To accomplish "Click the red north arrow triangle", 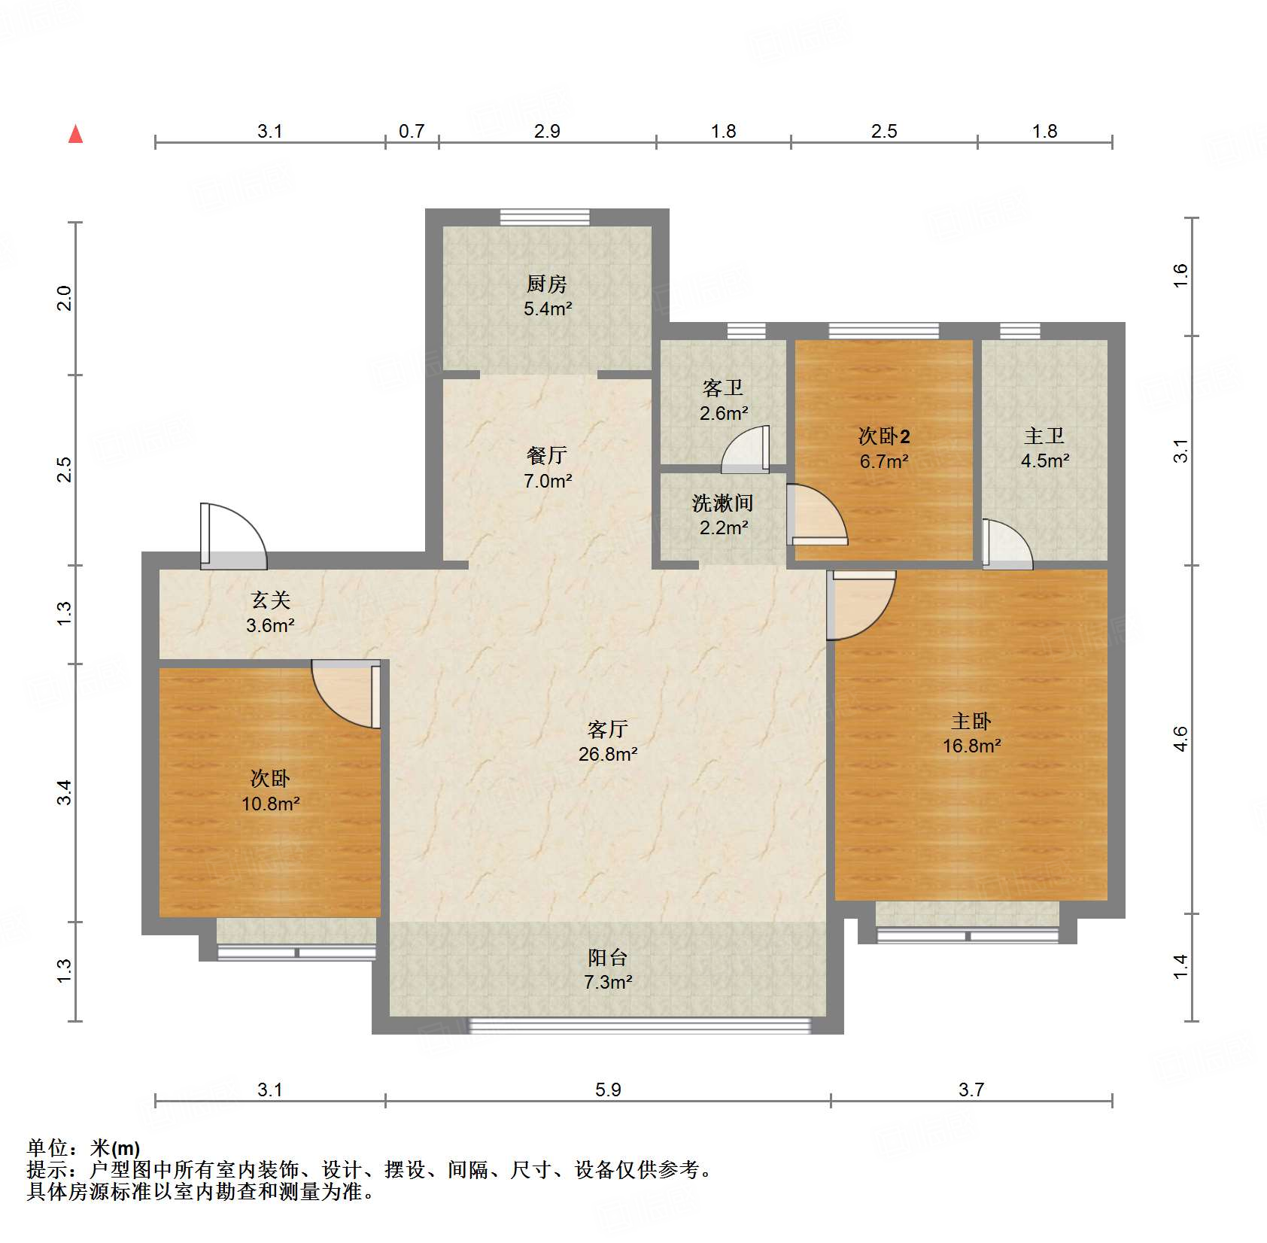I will (75, 135).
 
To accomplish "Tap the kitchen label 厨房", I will (546, 284).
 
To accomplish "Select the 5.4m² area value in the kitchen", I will (548, 308).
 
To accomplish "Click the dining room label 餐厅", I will (546, 455).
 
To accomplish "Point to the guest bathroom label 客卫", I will (722, 388).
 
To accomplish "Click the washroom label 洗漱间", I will (722, 503).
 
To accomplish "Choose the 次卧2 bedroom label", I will (884, 436).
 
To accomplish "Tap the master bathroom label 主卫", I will (1044, 436).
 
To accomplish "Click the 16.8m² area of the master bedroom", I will (971, 746).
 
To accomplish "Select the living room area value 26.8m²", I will (608, 754).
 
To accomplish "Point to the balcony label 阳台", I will (607, 957).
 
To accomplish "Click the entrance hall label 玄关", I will (270, 600).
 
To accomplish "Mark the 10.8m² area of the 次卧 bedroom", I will (270, 804).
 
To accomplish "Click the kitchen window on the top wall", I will (545, 217).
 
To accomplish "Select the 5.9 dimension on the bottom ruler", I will (608, 1090).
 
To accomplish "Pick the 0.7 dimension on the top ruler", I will (412, 132).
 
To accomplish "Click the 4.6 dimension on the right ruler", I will (1180, 739).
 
